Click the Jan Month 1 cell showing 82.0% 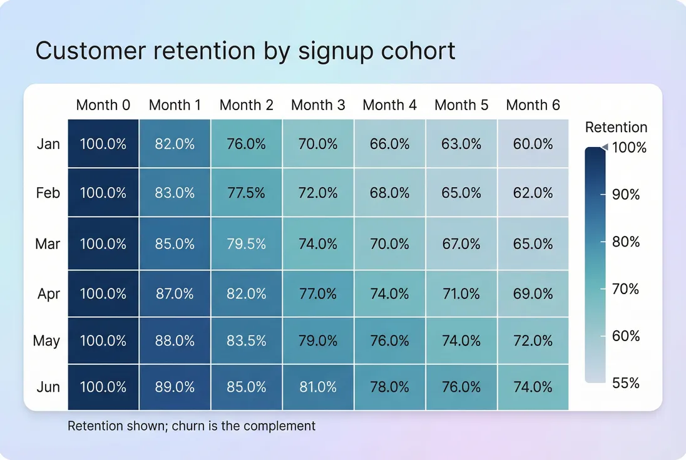(175, 144)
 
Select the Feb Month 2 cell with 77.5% (247, 193)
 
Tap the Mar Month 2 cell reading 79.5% (247, 243)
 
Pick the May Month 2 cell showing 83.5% (247, 340)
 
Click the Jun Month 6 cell (533, 387)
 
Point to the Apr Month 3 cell (318, 293)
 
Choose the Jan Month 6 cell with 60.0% (533, 144)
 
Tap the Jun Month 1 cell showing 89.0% (175, 387)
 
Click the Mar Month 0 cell (103, 243)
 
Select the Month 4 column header (389, 105)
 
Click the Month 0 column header (103, 105)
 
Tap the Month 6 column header (533, 105)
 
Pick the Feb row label (48, 193)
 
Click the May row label (47, 340)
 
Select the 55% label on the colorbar (625, 382)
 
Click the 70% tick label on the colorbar (625, 289)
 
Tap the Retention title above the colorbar (616, 128)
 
